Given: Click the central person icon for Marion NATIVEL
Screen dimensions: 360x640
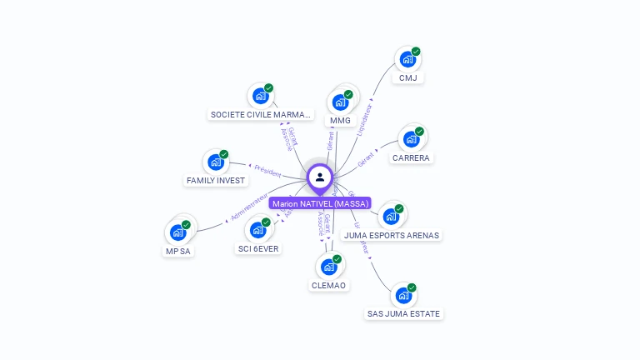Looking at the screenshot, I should coord(320,177).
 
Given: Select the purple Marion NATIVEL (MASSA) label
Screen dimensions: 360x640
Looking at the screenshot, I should coord(320,203).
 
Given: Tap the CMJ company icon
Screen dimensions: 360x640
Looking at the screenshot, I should coord(407,59).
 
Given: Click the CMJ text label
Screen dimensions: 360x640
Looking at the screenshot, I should coord(407,77).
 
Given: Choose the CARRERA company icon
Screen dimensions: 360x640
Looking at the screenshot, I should coord(412,139).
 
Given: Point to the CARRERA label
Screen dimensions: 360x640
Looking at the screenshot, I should coord(412,157).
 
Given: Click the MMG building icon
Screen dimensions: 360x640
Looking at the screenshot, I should coord(340,102).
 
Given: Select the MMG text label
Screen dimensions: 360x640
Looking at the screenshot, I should coord(340,121).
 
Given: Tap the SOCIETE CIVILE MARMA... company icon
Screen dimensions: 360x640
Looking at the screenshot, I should coord(260,96).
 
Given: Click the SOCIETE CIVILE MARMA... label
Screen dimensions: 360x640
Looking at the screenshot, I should coord(261,114).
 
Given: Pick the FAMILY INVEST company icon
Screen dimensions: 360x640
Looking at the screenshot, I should coord(216,162).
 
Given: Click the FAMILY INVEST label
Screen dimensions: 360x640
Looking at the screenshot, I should coord(216,180).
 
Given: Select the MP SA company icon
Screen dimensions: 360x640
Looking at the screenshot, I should coord(178,232).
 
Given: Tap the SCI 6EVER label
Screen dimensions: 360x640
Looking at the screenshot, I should coord(258,248).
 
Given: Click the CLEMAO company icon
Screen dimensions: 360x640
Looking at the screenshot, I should coord(328,267).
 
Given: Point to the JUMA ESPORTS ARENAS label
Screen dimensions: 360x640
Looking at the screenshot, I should coord(391,235).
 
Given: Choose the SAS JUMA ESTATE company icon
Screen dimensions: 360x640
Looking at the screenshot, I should coord(403,295).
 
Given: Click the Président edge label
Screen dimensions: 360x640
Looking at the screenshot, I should coord(267,170).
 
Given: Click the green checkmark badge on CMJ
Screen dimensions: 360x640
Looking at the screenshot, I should coord(416,52).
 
